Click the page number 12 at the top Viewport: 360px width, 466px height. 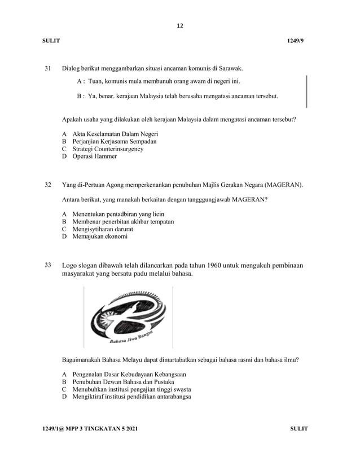click(180, 26)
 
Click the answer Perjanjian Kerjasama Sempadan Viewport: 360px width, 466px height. click(109, 141)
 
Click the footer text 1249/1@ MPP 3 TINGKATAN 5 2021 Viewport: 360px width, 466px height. click(90, 429)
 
